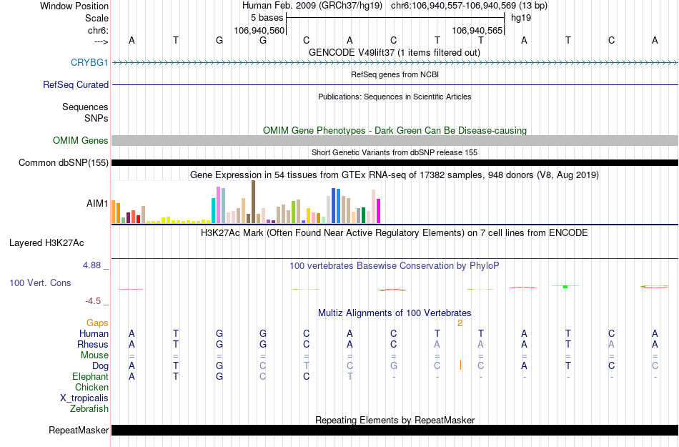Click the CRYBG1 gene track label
tap(89, 63)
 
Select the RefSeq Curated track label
tap(76, 85)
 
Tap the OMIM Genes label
tap(80, 141)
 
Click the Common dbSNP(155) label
tap(64, 163)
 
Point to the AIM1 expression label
tap(97, 204)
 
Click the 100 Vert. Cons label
tap(40, 283)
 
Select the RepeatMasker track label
tap(79, 431)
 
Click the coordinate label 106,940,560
tap(259, 31)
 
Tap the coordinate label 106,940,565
tap(477, 31)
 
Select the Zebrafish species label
tap(89, 409)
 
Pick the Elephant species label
tap(90, 377)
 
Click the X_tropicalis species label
tap(84, 398)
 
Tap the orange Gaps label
tap(97, 323)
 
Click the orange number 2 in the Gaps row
tap(460, 323)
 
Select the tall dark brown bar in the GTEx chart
tap(253, 202)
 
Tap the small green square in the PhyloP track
tap(565, 287)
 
